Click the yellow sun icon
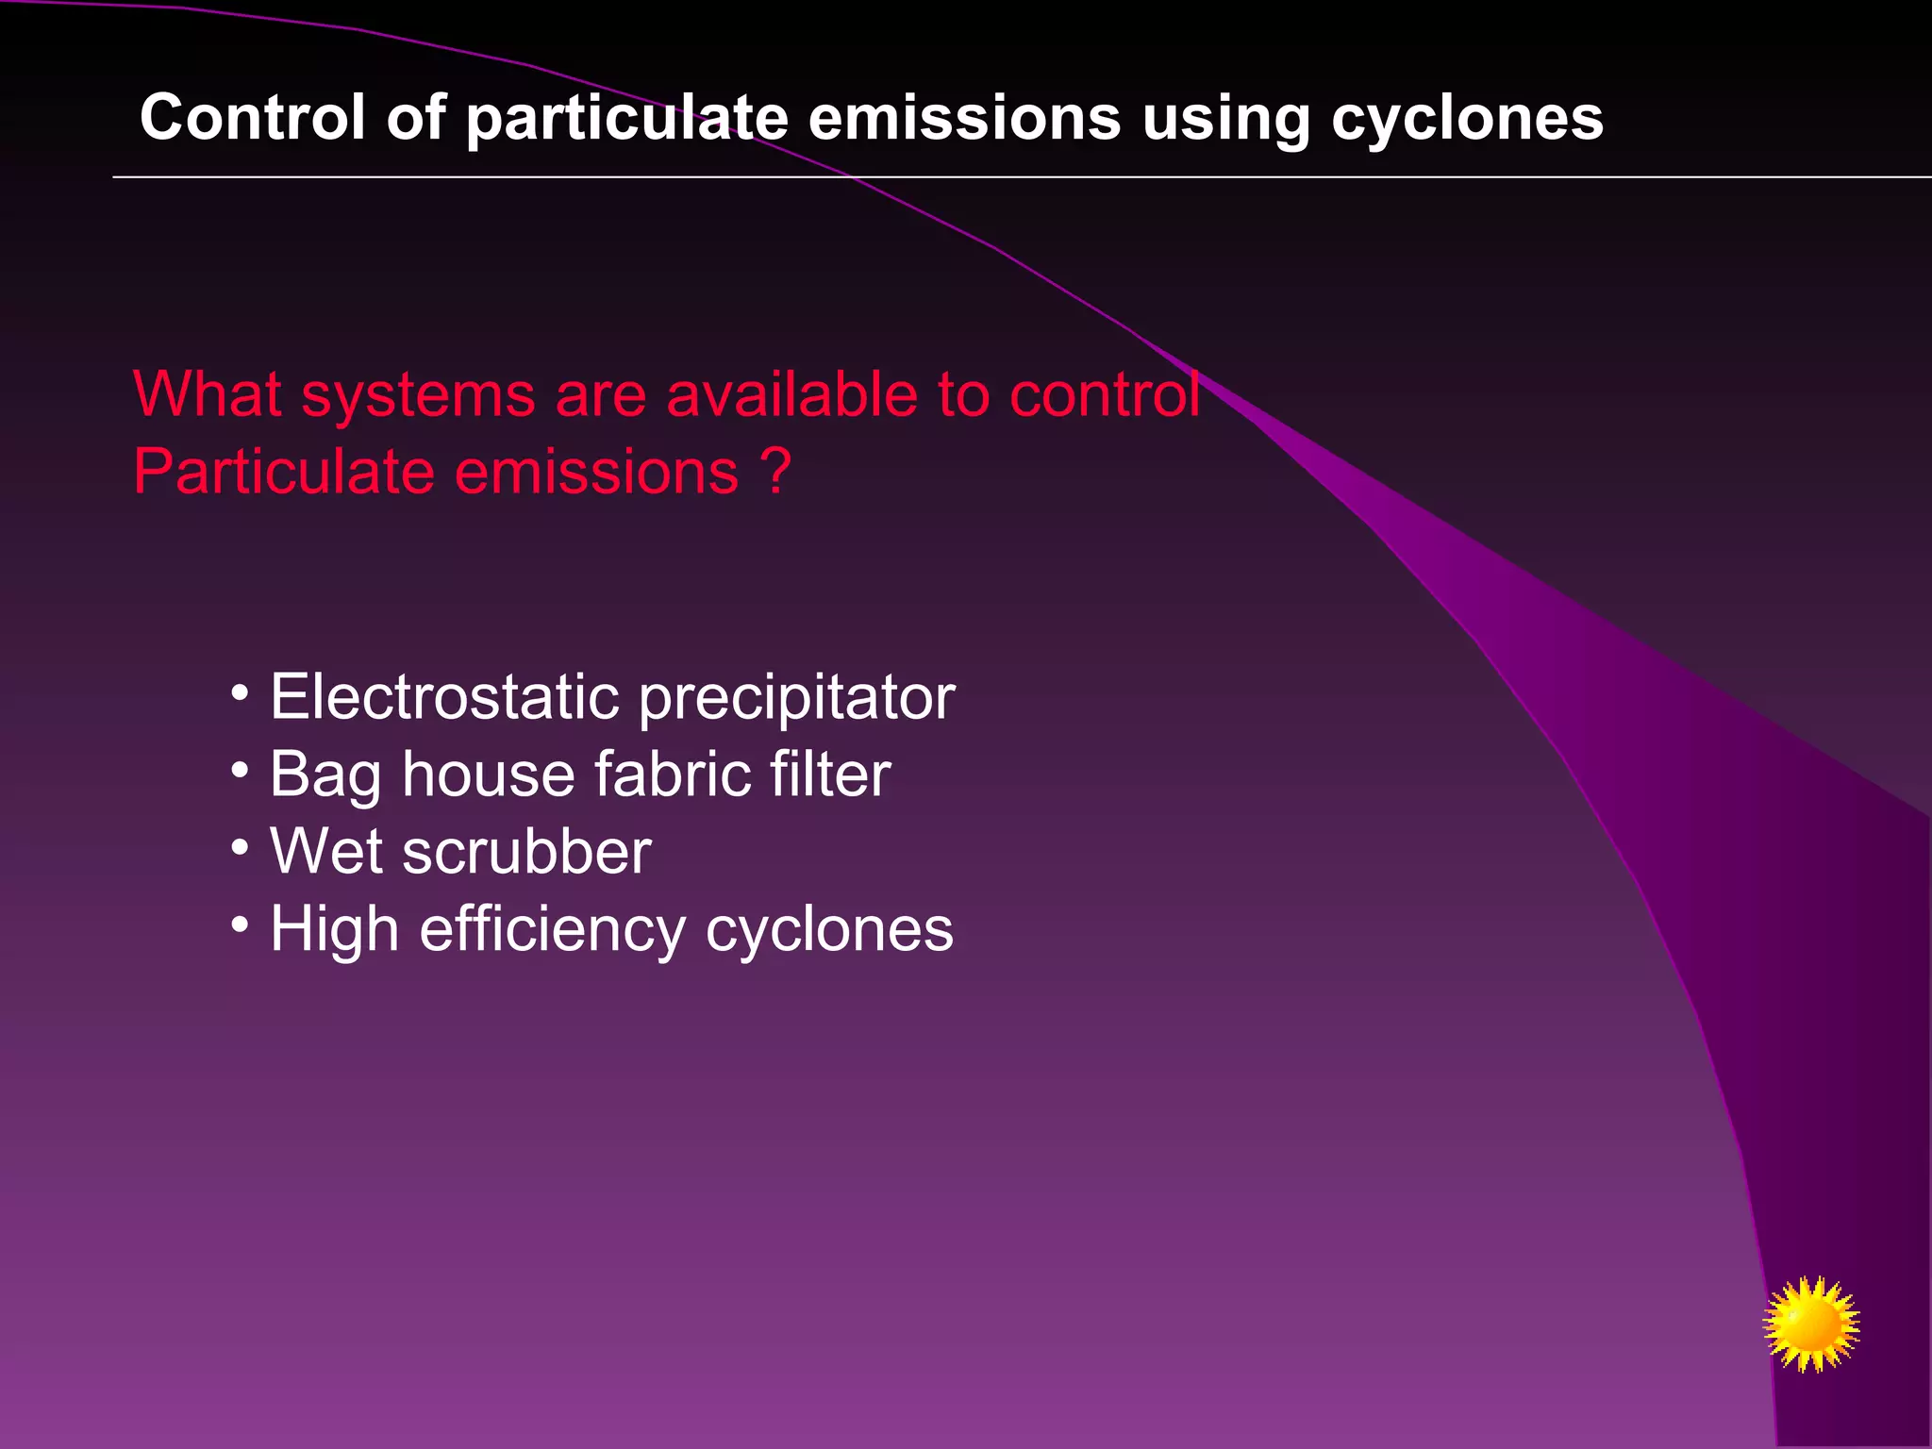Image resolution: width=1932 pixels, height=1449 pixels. pyautogui.click(x=1810, y=1324)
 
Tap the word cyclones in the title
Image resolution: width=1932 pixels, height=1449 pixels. pyautogui.click(x=1467, y=119)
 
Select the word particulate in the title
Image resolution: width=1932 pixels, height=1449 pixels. pyautogui.click(x=626, y=119)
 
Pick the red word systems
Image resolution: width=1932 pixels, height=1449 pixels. pyautogui.click(x=418, y=395)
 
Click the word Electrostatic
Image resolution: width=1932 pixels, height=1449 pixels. pyautogui.click(x=444, y=697)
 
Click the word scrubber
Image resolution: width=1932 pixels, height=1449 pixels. pyautogui.click(x=526, y=852)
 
